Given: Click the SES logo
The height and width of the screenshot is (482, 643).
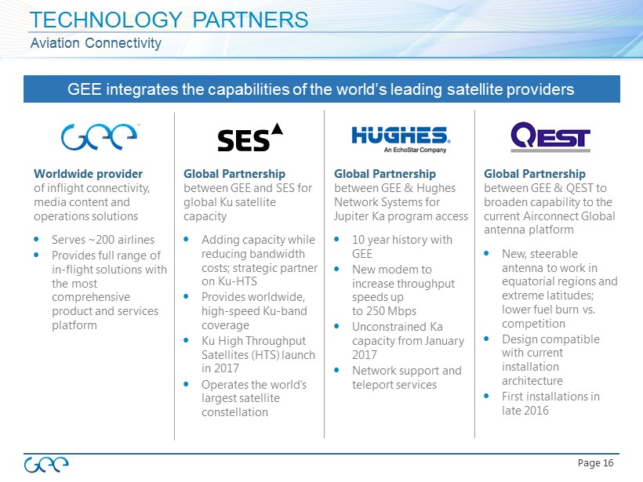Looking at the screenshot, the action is pyautogui.click(x=250, y=137).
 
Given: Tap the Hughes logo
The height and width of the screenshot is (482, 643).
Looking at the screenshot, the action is pyautogui.click(x=401, y=140).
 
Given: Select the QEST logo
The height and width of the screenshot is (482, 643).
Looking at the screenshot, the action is pyautogui.click(x=550, y=137).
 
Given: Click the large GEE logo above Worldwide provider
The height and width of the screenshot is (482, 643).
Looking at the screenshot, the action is pyautogui.click(x=100, y=136).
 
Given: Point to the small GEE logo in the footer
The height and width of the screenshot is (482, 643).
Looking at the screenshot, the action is pyautogui.click(x=46, y=465).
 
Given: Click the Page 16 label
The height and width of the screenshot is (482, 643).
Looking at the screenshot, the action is pyautogui.click(x=595, y=463).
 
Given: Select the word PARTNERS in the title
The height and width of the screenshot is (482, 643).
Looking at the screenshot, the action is pyautogui.click(x=250, y=20).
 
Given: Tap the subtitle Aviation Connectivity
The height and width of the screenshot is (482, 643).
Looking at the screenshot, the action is pyautogui.click(x=96, y=43).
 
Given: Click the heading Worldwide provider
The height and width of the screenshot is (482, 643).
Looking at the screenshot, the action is pyautogui.click(x=88, y=174).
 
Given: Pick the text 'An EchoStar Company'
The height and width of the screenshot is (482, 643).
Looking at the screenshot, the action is pyautogui.click(x=415, y=150).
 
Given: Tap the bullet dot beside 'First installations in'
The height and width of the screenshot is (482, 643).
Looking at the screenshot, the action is pyautogui.click(x=487, y=397).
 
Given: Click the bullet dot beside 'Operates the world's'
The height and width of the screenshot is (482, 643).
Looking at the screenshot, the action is pyautogui.click(x=186, y=385).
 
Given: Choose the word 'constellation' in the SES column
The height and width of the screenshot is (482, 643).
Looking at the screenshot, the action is pyautogui.click(x=234, y=412).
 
